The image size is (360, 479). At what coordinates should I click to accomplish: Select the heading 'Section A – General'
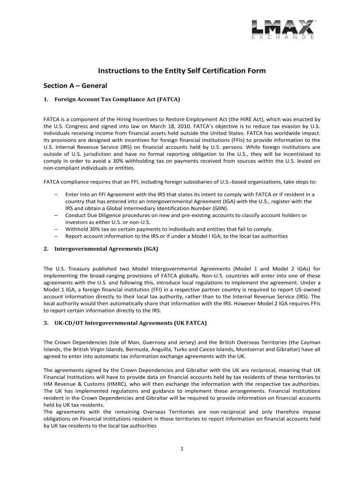[x=75, y=86]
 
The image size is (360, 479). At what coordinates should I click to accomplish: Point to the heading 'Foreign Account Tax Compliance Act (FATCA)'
[x=117, y=100]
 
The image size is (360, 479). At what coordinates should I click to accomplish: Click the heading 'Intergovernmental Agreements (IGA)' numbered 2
[x=106, y=249]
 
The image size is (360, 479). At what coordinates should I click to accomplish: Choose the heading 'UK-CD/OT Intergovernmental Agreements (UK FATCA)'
[x=130, y=323]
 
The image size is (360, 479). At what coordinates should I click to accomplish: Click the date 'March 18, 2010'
[x=154, y=126]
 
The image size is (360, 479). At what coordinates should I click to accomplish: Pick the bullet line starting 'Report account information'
[x=176, y=236]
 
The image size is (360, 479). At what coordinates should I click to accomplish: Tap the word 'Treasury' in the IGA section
[x=78, y=269]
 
